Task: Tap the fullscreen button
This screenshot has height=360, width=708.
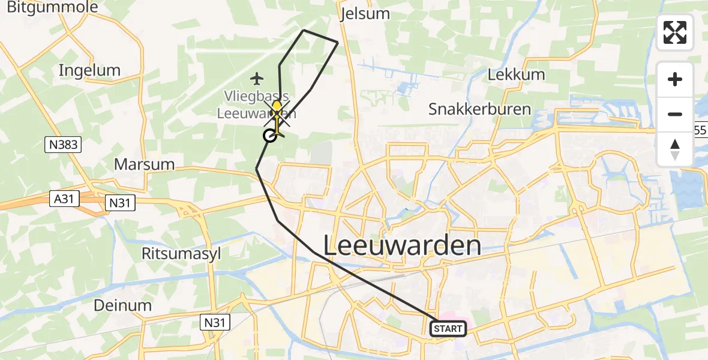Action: click(675, 32)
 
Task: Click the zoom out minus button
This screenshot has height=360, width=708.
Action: click(675, 114)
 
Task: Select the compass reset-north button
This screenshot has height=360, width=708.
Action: click(675, 149)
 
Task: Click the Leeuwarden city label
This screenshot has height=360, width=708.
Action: click(402, 246)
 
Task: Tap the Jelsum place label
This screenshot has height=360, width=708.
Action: click(364, 14)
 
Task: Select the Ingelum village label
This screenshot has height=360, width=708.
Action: click(89, 70)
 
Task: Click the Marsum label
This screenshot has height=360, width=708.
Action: click(144, 164)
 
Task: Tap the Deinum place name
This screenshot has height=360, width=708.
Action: click(122, 305)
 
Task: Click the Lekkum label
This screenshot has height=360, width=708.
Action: click(516, 74)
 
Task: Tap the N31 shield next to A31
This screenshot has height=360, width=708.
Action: click(119, 203)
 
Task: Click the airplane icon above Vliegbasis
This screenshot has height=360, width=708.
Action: click(257, 78)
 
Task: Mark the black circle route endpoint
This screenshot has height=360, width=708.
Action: click(269, 136)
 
